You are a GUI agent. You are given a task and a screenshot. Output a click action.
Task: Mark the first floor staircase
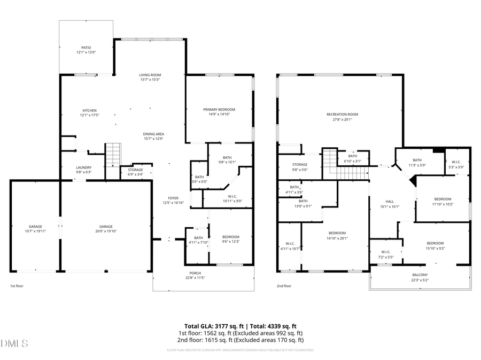[x=113, y=155]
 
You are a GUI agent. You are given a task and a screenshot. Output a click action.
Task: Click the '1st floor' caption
[x=17, y=286]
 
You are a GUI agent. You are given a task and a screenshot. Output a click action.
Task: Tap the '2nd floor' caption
[x=284, y=286]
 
